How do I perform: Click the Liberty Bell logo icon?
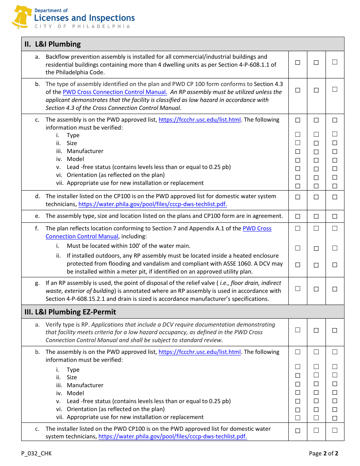[x=21, y=17]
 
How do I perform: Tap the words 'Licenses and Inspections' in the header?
[x=84, y=18]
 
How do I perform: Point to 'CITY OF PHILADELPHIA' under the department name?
[x=82, y=27]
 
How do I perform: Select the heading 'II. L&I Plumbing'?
[x=53, y=44]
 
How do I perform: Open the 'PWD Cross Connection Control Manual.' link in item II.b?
[x=115, y=92]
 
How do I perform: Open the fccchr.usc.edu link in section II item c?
[x=200, y=120]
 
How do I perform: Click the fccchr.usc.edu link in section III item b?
[x=200, y=352]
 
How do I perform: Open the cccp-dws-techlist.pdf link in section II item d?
[x=152, y=204]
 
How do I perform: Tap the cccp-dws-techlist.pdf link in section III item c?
[x=172, y=436]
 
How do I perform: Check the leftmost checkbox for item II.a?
[x=298, y=63]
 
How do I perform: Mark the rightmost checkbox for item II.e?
[x=335, y=216]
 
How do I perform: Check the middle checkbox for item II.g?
[x=316, y=289]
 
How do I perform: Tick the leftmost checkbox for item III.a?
[x=298, y=330]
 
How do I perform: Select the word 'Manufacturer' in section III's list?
[x=85, y=385]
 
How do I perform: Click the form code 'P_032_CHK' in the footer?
[x=36, y=453]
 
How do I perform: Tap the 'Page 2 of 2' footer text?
[x=323, y=453]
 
